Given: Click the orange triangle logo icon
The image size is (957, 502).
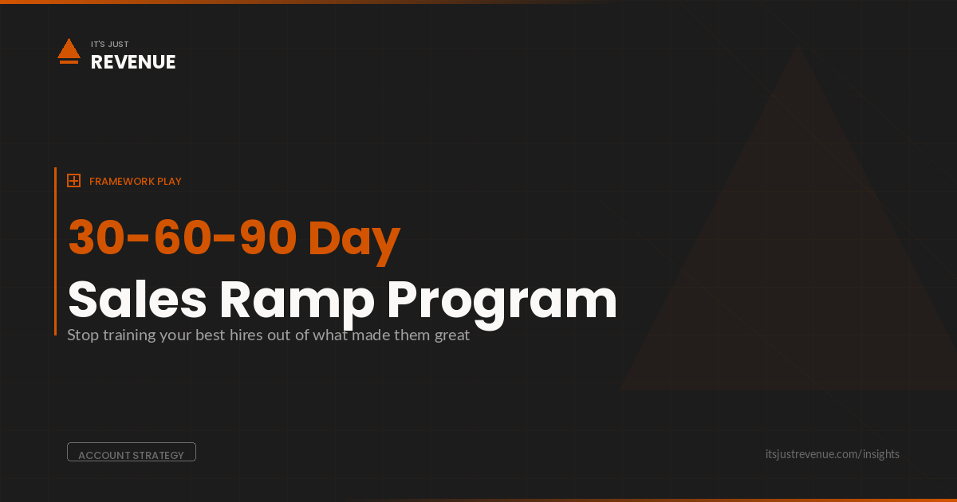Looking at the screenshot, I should pos(69,50).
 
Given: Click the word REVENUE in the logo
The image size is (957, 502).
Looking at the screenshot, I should pos(133,62).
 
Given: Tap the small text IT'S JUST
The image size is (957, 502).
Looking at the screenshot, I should pos(109,45).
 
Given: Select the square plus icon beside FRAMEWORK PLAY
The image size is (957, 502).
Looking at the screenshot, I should pos(73,181).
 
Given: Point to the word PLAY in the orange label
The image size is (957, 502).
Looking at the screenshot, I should pos(169,182).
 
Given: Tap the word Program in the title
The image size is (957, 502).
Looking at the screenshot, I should pos(502,301).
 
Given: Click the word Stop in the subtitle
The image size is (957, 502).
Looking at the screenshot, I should pos(82,335).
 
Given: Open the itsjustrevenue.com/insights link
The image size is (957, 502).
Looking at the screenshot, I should pos(832,454).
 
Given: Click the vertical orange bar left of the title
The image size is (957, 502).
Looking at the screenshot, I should pos(55,251).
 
